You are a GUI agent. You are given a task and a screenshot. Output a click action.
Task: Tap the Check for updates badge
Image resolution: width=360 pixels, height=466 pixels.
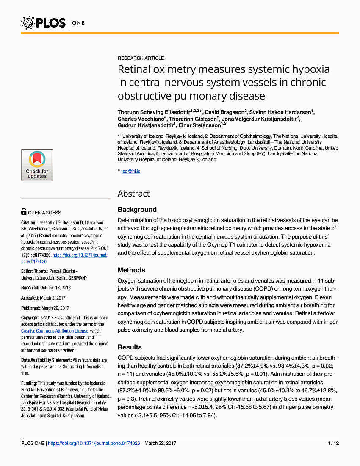tap(37, 165)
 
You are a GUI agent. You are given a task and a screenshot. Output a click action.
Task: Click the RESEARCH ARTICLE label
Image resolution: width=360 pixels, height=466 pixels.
tap(141, 58)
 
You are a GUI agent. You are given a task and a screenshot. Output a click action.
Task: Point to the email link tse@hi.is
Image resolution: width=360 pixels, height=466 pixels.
tap(131, 171)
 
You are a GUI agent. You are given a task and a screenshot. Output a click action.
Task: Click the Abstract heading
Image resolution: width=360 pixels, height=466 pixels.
tap(133, 194)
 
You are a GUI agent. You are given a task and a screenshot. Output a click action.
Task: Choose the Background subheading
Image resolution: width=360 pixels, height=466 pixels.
tap(137, 210)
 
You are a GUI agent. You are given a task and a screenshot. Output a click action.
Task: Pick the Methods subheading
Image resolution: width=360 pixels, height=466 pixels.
tap(131, 270)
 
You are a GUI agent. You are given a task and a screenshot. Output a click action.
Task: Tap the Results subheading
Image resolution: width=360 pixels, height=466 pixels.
tap(130, 347)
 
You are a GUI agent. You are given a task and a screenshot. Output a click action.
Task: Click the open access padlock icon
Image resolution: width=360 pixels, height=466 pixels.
tap(24, 212)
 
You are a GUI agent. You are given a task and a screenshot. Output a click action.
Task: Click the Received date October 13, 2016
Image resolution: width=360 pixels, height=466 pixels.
tap(58, 288)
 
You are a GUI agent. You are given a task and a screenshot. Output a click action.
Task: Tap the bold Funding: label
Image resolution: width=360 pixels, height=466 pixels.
tap(30, 383)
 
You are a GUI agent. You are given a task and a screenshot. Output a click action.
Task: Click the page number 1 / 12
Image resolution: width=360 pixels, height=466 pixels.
tap(333, 443)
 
